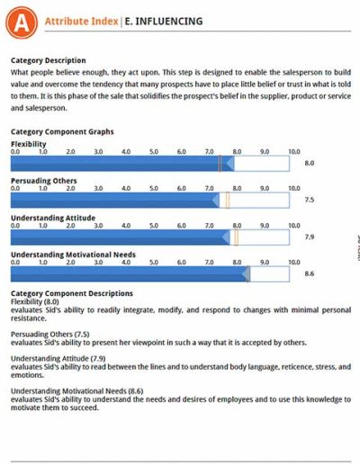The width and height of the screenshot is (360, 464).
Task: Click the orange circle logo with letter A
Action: click(x=22, y=22)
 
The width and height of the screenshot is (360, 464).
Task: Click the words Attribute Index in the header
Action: click(x=81, y=22)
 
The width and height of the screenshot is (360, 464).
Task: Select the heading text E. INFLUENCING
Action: click(x=164, y=22)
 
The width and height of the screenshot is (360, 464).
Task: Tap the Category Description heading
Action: click(x=49, y=60)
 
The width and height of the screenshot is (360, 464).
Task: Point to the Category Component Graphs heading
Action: click(x=62, y=132)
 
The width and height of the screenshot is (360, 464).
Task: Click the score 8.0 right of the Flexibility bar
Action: click(x=310, y=163)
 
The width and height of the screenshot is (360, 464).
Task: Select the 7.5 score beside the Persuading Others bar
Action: click(x=310, y=200)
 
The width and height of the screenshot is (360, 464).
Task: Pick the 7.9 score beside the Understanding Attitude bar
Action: click(x=310, y=237)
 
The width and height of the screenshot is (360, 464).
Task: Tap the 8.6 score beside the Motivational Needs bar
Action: click(x=310, y=273)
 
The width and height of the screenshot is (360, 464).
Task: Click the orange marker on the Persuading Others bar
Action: click(x=228, y=201)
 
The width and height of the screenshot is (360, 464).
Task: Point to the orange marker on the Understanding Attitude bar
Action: click(x=236, y=237)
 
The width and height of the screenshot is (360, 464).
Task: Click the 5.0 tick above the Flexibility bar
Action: click(x=154, y=152)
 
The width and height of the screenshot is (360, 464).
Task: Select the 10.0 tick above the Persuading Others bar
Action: click(x=294, y=189)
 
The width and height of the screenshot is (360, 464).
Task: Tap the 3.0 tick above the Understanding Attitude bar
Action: click(x=98, y=226)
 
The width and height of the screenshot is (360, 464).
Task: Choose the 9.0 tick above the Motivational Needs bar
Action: click(x=265, y=263)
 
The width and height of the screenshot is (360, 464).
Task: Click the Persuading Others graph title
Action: click(x=44, y=181)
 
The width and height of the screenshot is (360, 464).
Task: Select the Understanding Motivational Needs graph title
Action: click(x=73, y=254)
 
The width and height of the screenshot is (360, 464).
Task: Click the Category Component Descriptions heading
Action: click(x=72, y=293)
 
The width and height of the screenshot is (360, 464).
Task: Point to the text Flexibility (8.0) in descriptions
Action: click(x=35, y=302)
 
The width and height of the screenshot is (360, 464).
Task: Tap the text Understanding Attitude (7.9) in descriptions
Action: click(x=58, y=359)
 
